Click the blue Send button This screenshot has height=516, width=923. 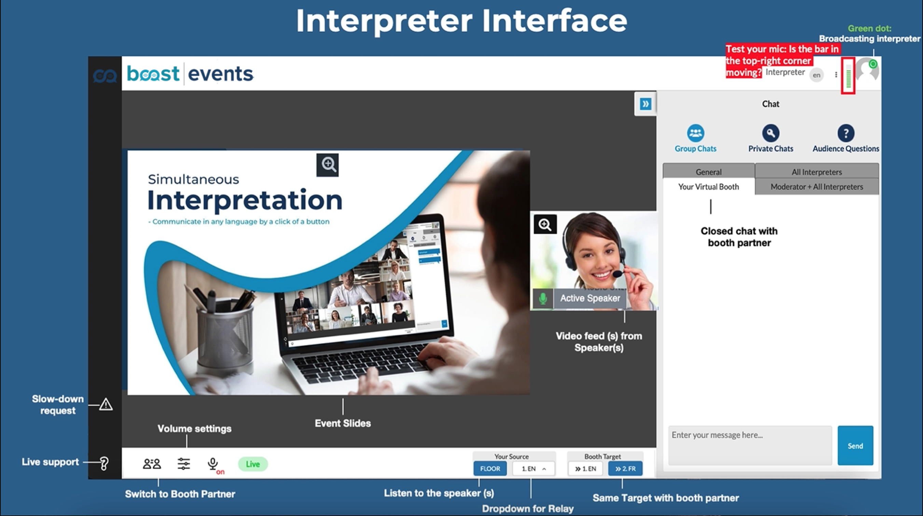coord(855,445)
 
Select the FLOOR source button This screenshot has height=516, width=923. coord(490,469)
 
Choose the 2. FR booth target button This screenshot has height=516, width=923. coord(625,469)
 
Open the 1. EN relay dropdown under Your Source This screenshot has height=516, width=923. coord(534,469)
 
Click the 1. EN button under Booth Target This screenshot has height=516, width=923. coord(586,469)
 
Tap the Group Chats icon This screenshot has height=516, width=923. coord(695,133)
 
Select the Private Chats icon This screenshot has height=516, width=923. coord(771,133)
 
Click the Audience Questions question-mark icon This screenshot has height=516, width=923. coord(845,133)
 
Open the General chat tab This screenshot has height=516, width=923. coord(708,172)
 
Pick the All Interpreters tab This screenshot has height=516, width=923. coord(816,172)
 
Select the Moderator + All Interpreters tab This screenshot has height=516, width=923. coord(816,187)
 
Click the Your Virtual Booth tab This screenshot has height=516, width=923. coord(708,187)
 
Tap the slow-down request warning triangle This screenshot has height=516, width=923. coord(106,405)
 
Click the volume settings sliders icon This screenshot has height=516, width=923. coord(184,464)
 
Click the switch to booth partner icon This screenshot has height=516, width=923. coord(152,464)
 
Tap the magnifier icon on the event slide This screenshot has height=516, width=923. coord(328,165)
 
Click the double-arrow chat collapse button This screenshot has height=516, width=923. coord(645,104)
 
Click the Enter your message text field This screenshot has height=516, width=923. coord(750,445)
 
